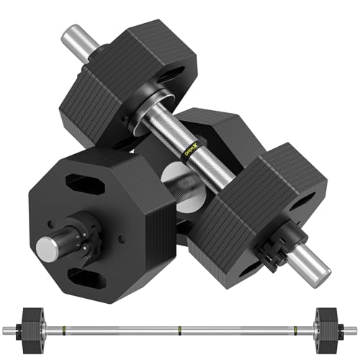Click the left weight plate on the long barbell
tap(30, 330)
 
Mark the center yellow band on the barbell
tap(180, 330)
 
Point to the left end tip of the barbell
tap(6, 330)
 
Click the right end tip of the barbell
tap(354, 330)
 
